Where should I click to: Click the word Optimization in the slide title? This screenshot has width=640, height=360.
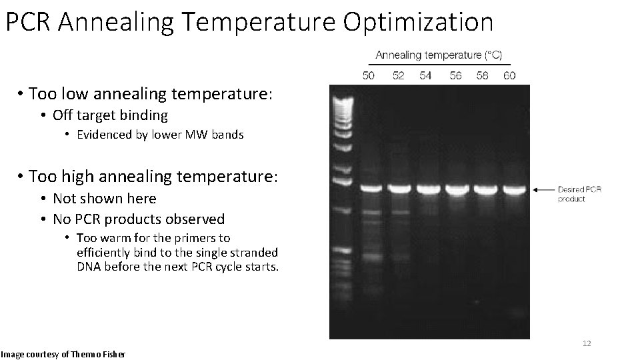pyautogui.click(x=418, y=22)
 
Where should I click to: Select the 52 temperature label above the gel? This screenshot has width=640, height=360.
pyautogui.click(x=398, y=75)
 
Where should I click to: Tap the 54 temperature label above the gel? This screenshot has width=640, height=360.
pyautogui.click(x=425, y=75)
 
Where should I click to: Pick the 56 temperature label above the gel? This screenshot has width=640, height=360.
pyautogui.click(x=455, y=75)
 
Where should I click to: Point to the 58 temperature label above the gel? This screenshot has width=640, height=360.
pyautogui.click(x=483, y=75)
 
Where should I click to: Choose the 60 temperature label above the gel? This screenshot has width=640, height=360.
pyautogui.click(x=510, y=75)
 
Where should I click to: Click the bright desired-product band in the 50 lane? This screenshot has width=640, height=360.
pyautogui.click(x=371, y=189)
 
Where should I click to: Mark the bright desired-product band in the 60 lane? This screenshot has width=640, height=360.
pyautogui.click(x=513, y=189)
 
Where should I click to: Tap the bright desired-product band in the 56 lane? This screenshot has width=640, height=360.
pyautogui.click(x=457, y=189)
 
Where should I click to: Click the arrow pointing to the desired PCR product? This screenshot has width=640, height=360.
pyautogui.click(x=544, y=190)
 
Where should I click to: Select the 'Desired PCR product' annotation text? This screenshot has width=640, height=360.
pyautogui.click(x=579, y=194)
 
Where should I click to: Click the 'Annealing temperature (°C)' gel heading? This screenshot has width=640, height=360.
pyautogui.click(x=439, y=55)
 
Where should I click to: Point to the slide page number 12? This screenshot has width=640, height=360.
pyautogui.click(x=587, y=343)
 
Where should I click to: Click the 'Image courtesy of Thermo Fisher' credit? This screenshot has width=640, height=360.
pyautogui.click(x=63, y=353)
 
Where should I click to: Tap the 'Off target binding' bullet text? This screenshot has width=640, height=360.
pyautogui.click(x=110, y=115)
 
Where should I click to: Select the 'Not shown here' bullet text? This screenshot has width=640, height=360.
pyautogui.click(x=104, y=199)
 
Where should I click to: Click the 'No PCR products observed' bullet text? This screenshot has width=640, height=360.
pyautogui.click(x=139, y=219)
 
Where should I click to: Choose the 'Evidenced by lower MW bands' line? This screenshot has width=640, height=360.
pyautogui.click(x=160, y=135)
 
